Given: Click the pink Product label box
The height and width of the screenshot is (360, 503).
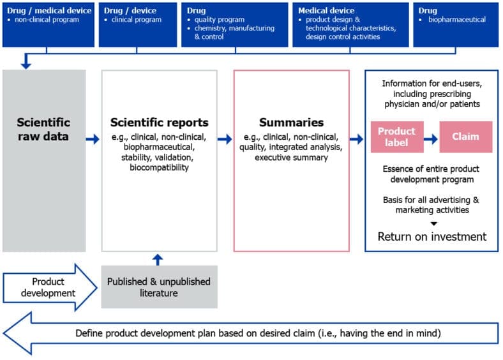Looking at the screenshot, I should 396,136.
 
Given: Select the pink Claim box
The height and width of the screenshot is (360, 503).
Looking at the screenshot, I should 465,136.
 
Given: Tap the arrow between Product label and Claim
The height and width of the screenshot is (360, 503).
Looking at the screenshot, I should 431,137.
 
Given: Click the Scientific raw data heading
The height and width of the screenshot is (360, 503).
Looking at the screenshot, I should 43,130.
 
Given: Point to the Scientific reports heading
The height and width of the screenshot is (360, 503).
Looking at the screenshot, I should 159,123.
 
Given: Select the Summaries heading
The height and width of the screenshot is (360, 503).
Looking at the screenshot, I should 291,123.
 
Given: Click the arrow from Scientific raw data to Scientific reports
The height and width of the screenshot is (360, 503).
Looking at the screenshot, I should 93,139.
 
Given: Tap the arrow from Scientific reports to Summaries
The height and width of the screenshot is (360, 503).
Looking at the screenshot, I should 225,139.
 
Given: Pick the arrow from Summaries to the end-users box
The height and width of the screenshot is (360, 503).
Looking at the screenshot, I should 357,139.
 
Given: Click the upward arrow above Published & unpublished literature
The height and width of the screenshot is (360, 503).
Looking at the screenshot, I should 158,259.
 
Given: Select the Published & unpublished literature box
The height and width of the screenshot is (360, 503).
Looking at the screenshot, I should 158,287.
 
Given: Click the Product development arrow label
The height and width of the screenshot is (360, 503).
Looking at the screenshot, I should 48,287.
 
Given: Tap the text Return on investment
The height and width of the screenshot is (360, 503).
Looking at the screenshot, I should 432,237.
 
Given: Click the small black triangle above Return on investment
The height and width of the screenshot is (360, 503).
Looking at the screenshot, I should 432,223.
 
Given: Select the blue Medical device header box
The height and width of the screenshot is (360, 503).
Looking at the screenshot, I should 350,24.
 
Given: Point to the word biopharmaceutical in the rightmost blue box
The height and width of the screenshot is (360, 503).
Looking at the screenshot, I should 456,20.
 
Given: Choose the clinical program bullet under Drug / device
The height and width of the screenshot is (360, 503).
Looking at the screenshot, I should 136,20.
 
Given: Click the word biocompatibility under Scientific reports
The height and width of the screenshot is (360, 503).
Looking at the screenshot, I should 158,168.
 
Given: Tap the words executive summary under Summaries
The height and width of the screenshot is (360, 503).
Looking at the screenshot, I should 291,157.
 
